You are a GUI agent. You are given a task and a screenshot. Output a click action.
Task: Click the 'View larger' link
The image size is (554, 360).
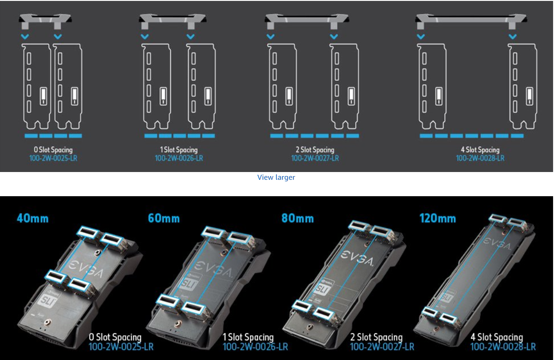click(x=276, y=177)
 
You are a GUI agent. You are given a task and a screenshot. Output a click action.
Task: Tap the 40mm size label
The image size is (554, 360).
click(x=33, y=219)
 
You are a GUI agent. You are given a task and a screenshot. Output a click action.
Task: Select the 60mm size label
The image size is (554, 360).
click(x=164, y=219)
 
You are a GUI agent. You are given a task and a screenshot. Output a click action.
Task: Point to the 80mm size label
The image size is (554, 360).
click(x=298, y=219)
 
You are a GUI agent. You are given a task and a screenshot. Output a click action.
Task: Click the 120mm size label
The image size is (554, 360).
click(x=438, y=219)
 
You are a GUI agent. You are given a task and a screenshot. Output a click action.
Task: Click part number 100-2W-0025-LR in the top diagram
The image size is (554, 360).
click(x=53, y=158)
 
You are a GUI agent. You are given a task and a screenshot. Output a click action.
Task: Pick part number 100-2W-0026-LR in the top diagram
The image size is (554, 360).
click(x=179, y=158)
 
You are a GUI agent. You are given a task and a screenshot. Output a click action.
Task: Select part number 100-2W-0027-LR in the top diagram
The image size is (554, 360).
click(x=315, y=158)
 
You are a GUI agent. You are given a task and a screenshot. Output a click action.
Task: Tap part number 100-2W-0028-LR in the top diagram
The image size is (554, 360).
click(x=480, y=158)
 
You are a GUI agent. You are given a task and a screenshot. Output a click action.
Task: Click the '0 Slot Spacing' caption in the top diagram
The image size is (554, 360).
click(x=53, y=150)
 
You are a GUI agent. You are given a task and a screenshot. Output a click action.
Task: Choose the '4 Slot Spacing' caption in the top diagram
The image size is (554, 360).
click(x=480, y=150)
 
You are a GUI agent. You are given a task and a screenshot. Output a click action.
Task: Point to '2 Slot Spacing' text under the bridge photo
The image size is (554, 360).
click(x=376, y=337)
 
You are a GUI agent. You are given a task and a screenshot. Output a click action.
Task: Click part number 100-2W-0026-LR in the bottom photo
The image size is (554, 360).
click(x=255, y=347)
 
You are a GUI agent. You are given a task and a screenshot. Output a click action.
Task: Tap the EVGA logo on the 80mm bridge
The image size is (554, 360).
click(x=357, y=258)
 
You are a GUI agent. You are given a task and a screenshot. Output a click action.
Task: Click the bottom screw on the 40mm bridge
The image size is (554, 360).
click(x=47, y=322)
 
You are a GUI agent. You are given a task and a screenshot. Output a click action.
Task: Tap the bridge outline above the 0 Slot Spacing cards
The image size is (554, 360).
click(x=46, y=19)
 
